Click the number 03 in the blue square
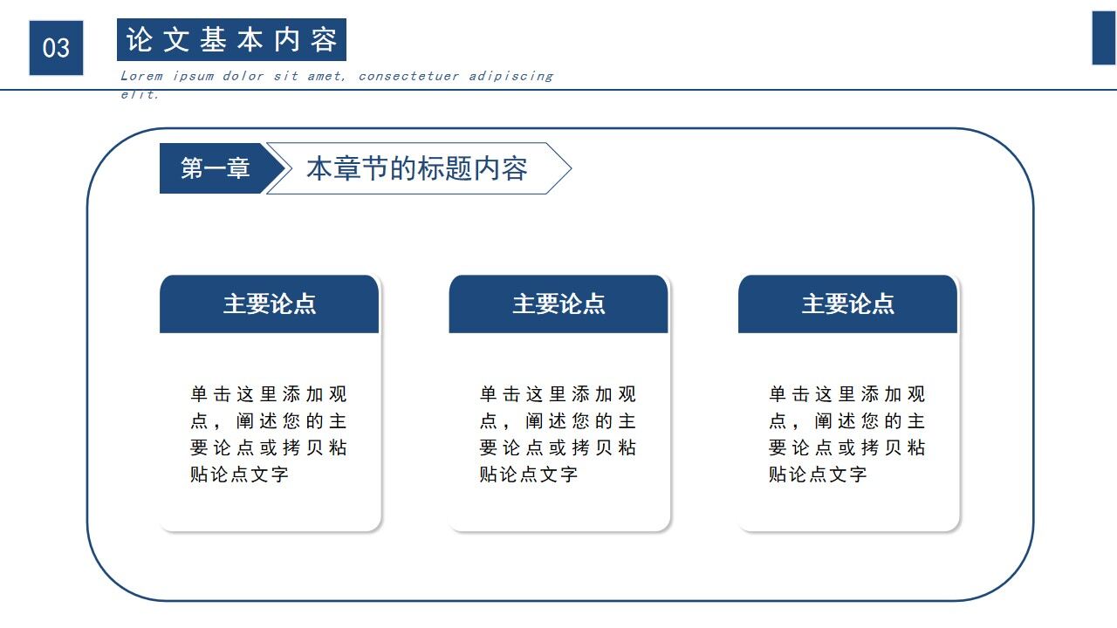pos(56,48)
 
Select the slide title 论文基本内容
pos(231,40)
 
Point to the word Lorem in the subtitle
pos(141,76)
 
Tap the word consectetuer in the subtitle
pos(408,76)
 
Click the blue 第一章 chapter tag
pos(215,168)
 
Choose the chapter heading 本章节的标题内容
pos(416,168)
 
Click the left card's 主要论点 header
pos(270,304)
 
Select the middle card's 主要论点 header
pos(558,304)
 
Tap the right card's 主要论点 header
pos(847,304)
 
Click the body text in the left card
pos(269,434)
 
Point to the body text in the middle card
pos(558,434)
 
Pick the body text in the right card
pos(846,434)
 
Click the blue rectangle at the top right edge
pos(1104,38)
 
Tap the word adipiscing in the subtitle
pos(511,76)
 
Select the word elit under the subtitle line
pos(140,94)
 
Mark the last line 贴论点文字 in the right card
pos(818,474)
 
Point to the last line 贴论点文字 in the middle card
pos(529,474)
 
